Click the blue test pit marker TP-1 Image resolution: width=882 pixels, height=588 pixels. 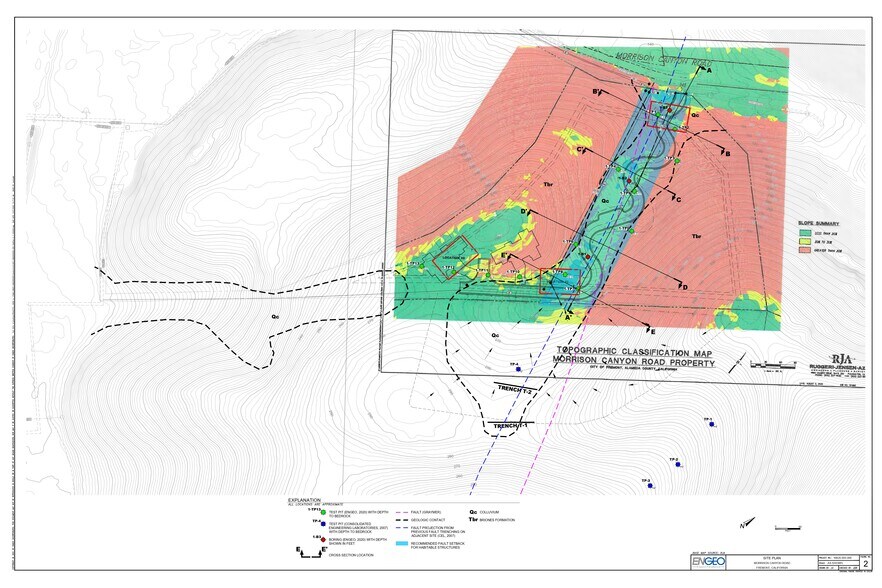click(711, 424)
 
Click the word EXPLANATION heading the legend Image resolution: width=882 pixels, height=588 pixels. click(305, 499)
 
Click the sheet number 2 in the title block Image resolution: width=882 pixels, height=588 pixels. click(865, 563)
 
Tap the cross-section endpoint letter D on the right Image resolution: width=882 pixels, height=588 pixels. click(684, 288)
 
